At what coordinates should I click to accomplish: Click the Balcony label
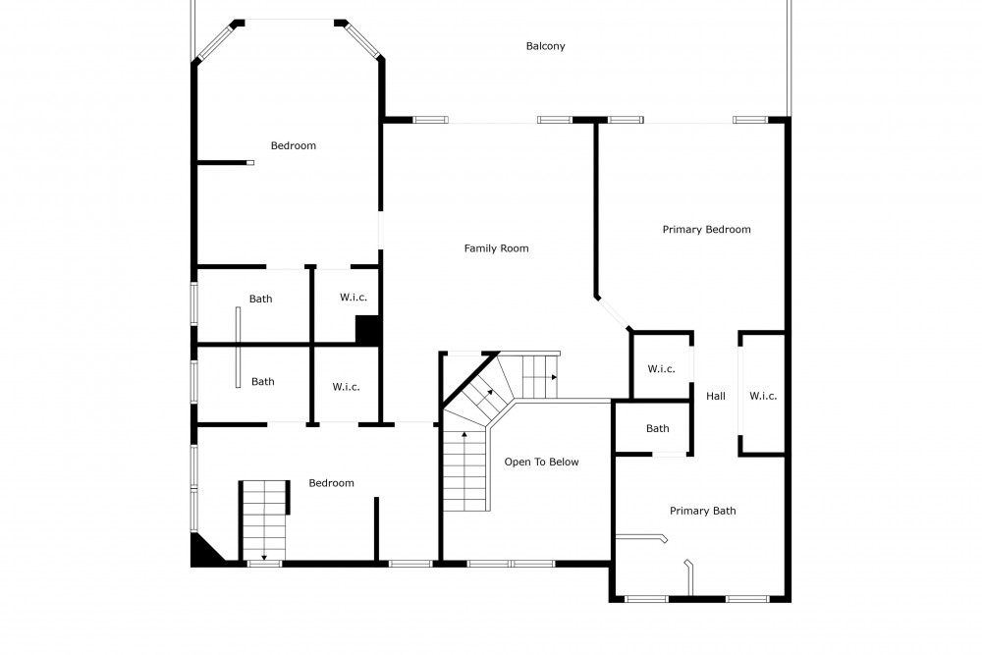coord(545,46)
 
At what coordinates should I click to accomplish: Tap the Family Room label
coord(496,248)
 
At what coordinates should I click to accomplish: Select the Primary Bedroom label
coord(706,230)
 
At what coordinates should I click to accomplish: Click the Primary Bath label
coord(703,511)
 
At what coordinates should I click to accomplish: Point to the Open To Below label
coord(542,463)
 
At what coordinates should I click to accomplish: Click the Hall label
coord(716,396)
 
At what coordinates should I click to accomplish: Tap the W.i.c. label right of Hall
coord(763,396)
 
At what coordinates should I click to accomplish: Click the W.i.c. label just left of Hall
coord(661,369)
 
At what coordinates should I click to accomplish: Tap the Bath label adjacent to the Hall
coord(658,428)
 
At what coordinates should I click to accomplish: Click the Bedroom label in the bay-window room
coord(293,146)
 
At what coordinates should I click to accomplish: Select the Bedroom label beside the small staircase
coord(331,483)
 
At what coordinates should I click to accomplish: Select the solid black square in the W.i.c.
coord(367,329)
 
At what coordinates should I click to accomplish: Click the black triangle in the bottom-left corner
coord(204,549)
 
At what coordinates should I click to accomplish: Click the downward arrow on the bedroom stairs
coord(264,556)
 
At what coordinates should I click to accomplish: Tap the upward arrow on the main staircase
coord(464,434)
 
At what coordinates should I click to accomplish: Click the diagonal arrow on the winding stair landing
coord(487,396)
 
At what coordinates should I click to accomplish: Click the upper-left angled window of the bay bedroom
coord(216,40)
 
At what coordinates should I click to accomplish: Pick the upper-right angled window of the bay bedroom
coord(362,40)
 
